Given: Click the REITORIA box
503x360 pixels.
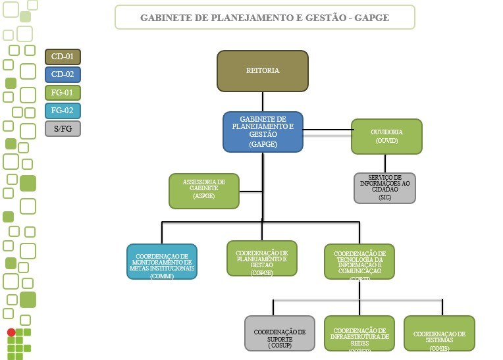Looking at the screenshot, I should pyautogui.click(x=263, y=70).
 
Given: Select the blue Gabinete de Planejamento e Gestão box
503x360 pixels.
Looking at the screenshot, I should pyautogui.click(x=263, y=132).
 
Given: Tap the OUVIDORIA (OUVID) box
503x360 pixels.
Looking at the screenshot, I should pyautogui.click(x=386, y=136).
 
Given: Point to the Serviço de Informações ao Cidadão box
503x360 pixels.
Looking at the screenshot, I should pyautogui.click(x=384, y=188).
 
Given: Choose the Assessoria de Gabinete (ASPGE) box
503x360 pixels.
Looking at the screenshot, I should pyautogui.click(x=204, y=191).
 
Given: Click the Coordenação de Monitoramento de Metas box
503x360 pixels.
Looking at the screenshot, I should pyautogui.click(x=162, y=262).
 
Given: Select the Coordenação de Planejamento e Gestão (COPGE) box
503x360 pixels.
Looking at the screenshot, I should pyautogui.click(x=261, y=258).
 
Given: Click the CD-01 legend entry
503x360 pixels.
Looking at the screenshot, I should pyautogui.click(x=63, y=57).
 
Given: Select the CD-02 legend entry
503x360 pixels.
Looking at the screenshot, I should pyautogui.click(x=63, y=74).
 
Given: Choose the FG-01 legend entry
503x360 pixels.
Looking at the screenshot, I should pyautogui.click(x=63, y=93).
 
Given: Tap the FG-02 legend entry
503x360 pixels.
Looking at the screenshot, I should pyautogui.click(x=63, y=111).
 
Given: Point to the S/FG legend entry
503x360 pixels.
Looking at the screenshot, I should pyautogui.click(x=63, y=128).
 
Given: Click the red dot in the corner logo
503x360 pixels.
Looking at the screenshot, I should pyautogui.click(x=11, y=332).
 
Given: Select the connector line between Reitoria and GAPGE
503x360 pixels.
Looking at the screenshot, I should pyautogui.click(x=263, y=101).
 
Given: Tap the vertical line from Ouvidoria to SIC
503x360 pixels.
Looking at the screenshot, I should pyautogui.click(x=386, y=164).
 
